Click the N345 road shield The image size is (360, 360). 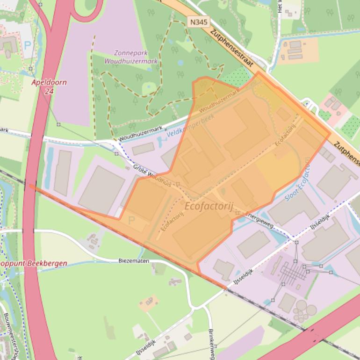click(198, 22)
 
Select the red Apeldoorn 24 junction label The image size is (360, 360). click(49, 86)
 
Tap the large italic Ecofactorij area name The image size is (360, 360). click(209, 206)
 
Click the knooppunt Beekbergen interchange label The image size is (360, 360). click(33, 263)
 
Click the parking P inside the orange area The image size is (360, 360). click(131, 219)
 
